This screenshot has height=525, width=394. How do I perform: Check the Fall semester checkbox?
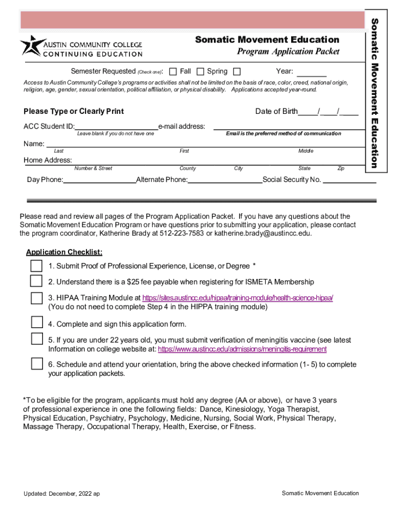pos(173,71)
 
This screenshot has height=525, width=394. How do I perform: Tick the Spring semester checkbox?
pos(201,71)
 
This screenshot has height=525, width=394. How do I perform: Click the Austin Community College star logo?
pos(29,46)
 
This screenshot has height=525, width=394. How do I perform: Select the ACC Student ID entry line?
pos(116,127)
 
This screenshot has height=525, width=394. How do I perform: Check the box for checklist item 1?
pos(36,266)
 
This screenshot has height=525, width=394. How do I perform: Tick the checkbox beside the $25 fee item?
pos(36,281)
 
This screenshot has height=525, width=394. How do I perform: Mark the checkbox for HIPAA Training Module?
pos(36,298)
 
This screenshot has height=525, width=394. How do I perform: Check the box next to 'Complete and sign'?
pos(36,322)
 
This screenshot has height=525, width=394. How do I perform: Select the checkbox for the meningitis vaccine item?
pos(36,338)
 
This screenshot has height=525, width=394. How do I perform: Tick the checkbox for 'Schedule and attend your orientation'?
pos(36,364)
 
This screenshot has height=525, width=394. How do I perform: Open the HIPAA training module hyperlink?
pos(237,298)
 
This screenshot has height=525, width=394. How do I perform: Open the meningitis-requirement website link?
pos(242,349)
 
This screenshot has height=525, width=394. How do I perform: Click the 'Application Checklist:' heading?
pos(64,252)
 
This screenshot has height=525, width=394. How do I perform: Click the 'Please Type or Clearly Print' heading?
pos(74,112)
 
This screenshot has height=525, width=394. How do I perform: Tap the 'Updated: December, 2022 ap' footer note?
pos(61,493)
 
